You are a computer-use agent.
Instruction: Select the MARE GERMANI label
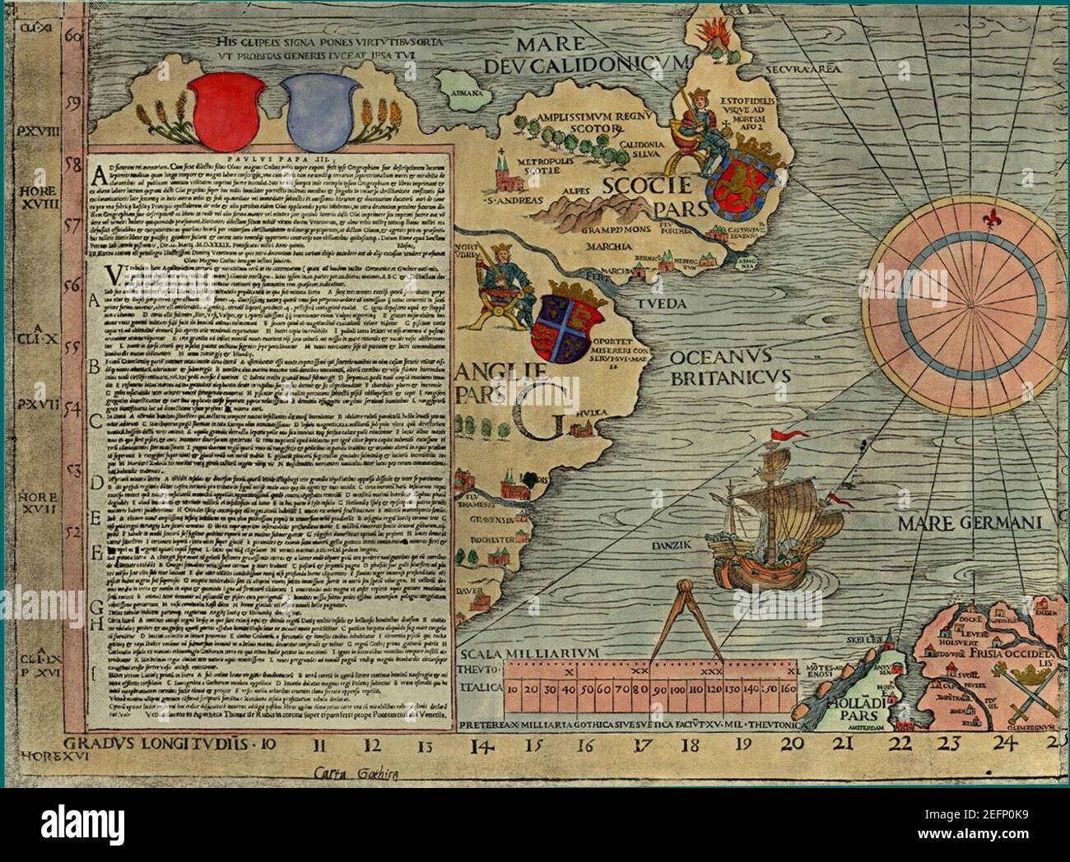[x=970, y=523]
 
